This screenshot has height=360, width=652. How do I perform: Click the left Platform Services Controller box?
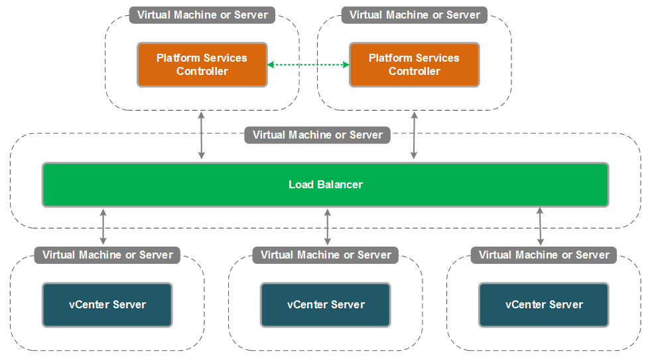pos(202,64)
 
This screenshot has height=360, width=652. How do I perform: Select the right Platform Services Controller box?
pos(414,64)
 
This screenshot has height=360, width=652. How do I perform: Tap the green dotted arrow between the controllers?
pos(308,64)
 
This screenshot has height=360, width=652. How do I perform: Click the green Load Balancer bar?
pos(325,184)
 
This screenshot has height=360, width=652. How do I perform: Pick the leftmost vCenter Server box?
pos(107,305)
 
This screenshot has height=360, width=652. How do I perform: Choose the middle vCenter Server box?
pos(326,305)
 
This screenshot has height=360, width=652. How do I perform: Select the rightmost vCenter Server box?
pos(544,305)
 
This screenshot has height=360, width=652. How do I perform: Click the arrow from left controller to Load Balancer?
pos(202,136)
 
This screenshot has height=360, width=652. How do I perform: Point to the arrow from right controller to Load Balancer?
pos(414,136)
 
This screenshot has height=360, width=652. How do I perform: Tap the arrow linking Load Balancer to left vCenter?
pos(103,226)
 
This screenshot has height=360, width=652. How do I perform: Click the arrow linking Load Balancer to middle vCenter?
pos(327,226)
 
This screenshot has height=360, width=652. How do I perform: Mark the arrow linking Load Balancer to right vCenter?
pos(540,226)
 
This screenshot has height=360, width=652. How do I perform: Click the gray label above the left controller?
pos(202,15)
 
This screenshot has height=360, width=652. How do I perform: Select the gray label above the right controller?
pos(415,15)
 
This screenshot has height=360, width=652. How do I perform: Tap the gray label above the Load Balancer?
pos(318,135)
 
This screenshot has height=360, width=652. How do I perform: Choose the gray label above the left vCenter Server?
pos(107,255)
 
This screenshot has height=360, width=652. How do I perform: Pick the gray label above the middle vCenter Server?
pos(326,255)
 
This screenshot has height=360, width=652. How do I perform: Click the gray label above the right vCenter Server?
pos(544,255)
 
